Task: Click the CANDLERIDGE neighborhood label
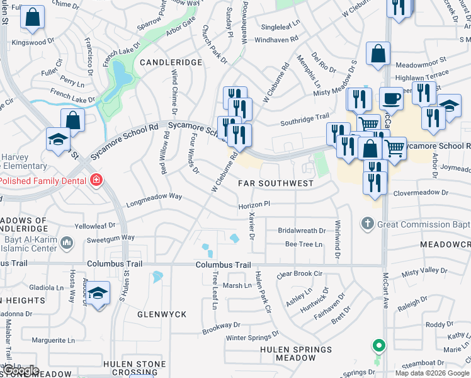tap(171, 62)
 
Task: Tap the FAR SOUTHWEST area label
tap(275, 183)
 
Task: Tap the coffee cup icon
tap(391, 99)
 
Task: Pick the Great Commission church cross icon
tap(368, 223)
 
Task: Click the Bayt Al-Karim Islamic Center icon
tap(69, 243)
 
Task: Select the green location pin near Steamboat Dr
tap(378, 346)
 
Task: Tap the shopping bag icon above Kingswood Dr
tap(32, 18)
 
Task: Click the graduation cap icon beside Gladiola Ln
tap(98, 293)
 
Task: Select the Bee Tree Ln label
tap(304, 244)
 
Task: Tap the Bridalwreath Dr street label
tap(302, 231)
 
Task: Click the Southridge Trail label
tap(305, 117)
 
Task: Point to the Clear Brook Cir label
tap(299, 274)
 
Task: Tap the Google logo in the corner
tap(21, 370)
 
